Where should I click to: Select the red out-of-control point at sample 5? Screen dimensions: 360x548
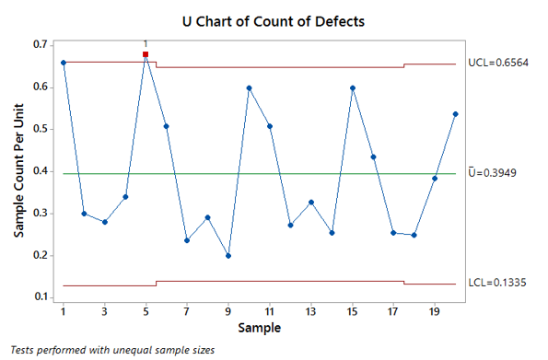tap(146, 55)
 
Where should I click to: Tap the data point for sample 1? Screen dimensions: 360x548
tap(63, 63)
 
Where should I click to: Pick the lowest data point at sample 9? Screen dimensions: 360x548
tap(228, 256)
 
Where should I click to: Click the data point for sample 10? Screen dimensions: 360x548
tap(250, 88)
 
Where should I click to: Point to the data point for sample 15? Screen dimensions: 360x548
tap(353, 88)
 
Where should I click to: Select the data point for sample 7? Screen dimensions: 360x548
tap(187, 240)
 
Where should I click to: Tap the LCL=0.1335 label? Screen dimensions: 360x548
tap(499, 284)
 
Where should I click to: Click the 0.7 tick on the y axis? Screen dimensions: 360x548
tap(41, 45)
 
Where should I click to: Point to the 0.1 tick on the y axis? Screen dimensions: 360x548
tap(41, 297)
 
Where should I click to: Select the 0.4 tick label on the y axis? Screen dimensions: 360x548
tap(41, 171)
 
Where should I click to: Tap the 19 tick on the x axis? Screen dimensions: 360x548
tap(435, 310)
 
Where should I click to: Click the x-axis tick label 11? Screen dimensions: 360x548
tap(270, 310)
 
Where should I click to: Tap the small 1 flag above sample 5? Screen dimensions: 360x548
tap(146, 43)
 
